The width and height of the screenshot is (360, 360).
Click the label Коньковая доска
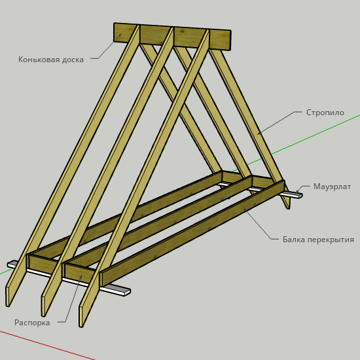pyautogui.click(x=51, y=60)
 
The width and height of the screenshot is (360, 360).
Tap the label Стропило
pyautogui.click(x=325, y=113)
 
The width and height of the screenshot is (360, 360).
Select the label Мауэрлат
pyautogui.click(x=332, y=187)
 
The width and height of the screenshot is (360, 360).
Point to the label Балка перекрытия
pyautogui.click(x=318, y=240)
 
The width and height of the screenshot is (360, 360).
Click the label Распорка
pyautogui.click(x=32, y=323)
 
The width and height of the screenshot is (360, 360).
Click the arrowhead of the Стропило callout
pyautogui.click(x=259, y=133)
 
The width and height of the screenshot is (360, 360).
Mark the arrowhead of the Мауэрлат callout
pyautogui.click(x=297, y=192)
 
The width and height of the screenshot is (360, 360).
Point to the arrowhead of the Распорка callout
pyautogui.click(x=81, y=276)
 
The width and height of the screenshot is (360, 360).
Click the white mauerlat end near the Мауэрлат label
pyautogui.click(x=293, y=194)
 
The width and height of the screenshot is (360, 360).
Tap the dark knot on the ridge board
pyautogui.click(x=183, y=31)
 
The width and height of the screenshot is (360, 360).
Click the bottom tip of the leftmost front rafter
pyautogui.click(x=8, y=306)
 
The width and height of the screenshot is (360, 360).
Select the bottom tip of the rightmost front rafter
pyautogui.click(x=81, y=326)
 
